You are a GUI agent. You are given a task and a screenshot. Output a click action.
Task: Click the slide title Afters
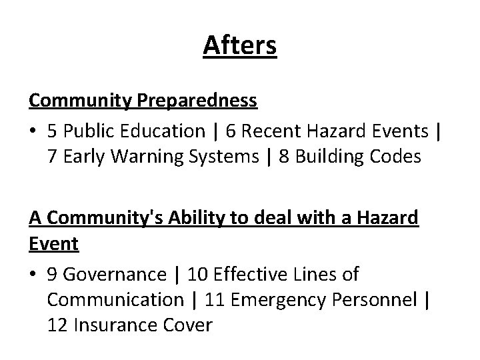[239, 45]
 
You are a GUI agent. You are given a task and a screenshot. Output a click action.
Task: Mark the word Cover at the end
[188, 326]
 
